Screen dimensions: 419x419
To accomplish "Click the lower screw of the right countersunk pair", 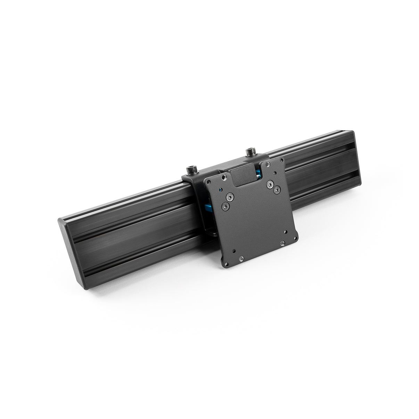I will (276, 190).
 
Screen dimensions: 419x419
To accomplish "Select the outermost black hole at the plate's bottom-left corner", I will (235, 251).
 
